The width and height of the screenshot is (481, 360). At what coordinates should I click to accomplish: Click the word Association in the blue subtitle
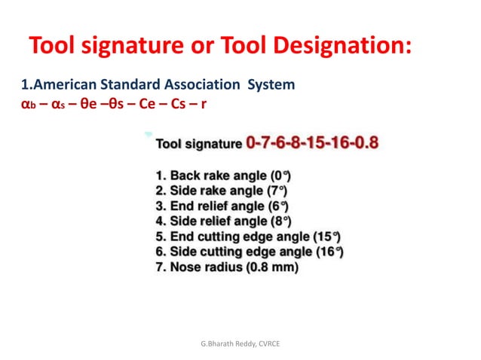(x=191, y=84)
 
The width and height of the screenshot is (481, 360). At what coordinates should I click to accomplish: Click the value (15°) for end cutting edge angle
(x=326, y=236)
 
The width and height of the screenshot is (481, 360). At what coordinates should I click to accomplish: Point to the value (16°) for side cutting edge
(x=331, y=252)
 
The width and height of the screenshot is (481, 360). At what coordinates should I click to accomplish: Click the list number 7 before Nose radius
(x=159, y=267)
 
